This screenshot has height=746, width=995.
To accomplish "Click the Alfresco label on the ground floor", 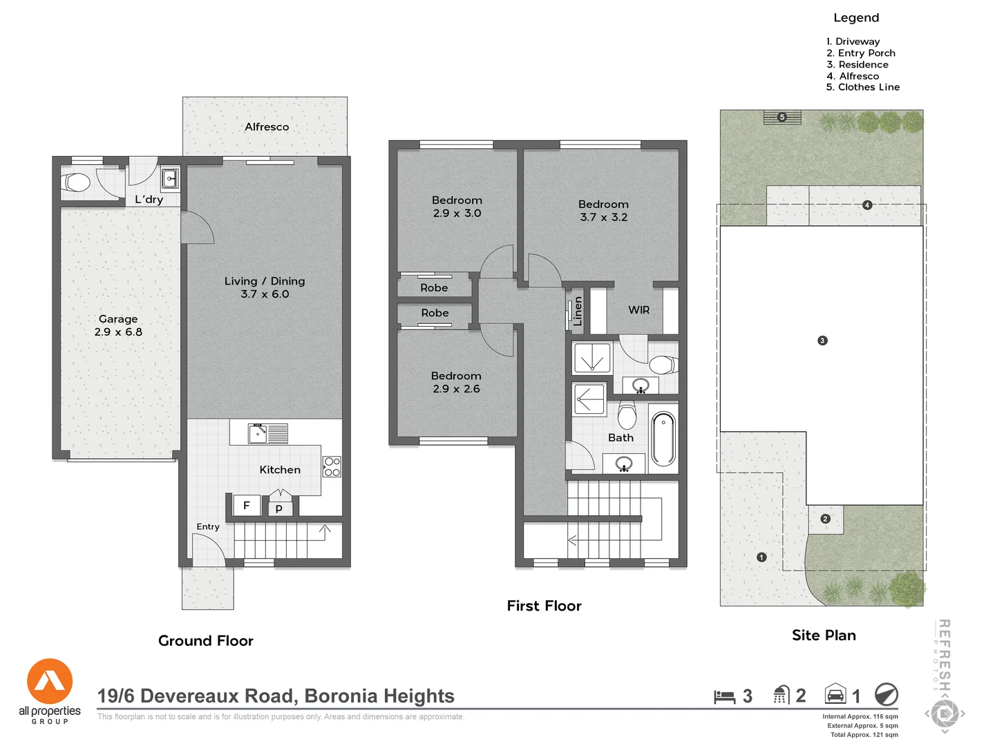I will pyautogui.click(x=267, y=127).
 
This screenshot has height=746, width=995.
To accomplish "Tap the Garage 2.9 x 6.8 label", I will pyautogui.click(x=118, y=325).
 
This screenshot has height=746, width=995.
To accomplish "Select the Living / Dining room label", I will pyautogui.click(x=265, y=287).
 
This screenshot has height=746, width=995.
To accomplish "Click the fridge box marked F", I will pyautogui.click(x=246, y=506).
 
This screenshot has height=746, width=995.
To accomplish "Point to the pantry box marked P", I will pyautogui.click(x=279, y=508).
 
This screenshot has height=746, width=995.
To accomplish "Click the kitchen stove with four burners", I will pyautogui.click(x=332, y=467).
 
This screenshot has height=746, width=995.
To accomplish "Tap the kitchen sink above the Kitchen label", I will pyautogui.click(x=258, y=434).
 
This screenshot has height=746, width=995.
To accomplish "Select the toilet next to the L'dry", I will pyautogui.click(x=77, y=183).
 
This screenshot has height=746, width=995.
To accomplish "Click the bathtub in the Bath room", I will pyautogui.click(x=663, y=439).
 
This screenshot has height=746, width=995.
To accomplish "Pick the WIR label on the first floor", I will pyautogui.click(x=638, y=310).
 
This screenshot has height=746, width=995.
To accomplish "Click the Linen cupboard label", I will pyautogui.click(x=578, y=311).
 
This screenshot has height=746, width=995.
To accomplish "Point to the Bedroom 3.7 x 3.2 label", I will pyautogui.click(x=603, y=211).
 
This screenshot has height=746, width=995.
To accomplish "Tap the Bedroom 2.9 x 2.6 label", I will pyautogui.click(x=456, y=382).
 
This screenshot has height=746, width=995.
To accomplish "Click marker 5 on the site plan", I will pyautogui.click(x=782, y=117).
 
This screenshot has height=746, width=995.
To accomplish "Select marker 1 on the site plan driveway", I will pyautogui.click(x=761, y=557).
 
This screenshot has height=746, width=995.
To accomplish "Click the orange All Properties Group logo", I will pyautogui.click(x=50, y=682).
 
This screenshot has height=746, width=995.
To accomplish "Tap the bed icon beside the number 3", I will pyautogui.click(x=724, y=696).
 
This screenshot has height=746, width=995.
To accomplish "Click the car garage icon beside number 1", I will pyautogui.click(x=835, y=694).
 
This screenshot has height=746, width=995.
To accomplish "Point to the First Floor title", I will pyautogui.click(x=544, y=606).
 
